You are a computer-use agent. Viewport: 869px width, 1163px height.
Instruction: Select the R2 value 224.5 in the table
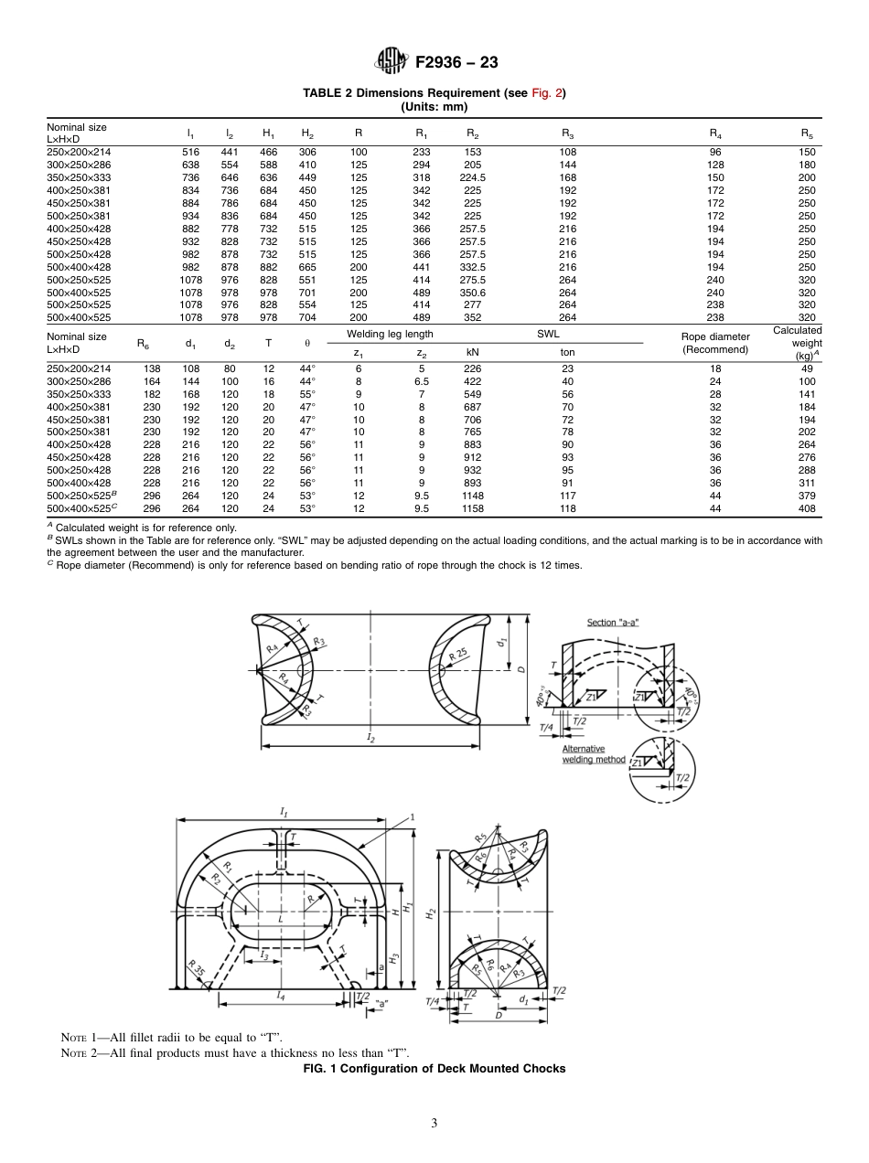(x=472, y=177)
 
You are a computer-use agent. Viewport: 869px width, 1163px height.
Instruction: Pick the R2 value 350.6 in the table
(x=472, y=293)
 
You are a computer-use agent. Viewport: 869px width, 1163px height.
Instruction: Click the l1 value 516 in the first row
(x=190, y=152)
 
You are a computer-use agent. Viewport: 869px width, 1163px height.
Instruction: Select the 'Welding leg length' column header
(x=392, y=335)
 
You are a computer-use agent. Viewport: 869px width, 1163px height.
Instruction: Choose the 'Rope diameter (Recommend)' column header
(x=716, y=343)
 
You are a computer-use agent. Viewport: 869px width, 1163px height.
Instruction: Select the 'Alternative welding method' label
(x=594, y=754)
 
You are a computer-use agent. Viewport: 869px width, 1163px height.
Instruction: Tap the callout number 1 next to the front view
(x=413, y=816)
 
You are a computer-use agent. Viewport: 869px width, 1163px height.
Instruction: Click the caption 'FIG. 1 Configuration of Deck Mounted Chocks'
(x=434, y=1068)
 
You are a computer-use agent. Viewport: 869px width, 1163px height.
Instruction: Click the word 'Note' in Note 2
(x=75, y=1052)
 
